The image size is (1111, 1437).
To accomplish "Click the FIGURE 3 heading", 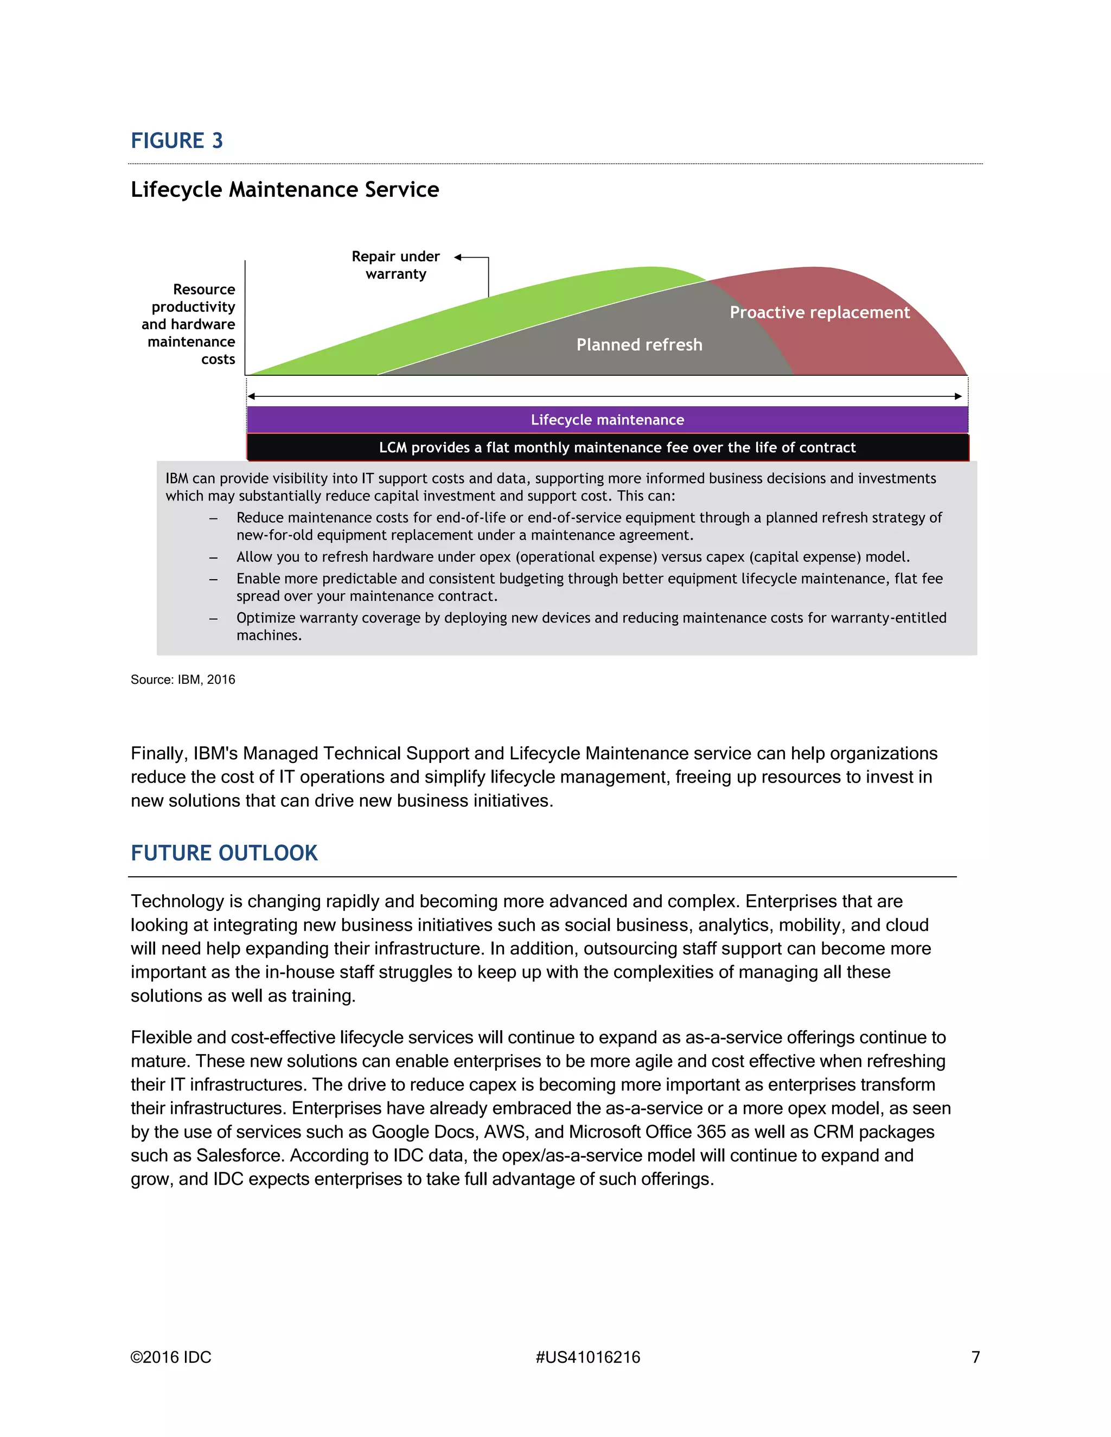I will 176,141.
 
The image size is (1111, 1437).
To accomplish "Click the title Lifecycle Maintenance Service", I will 284,189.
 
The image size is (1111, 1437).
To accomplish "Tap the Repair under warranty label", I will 395,265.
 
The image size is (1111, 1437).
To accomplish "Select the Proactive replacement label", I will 820,312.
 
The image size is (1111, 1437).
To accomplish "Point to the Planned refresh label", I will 639,345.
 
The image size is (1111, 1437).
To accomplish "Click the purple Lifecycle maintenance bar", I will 607,420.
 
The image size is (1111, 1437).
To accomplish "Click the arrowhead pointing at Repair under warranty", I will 458,257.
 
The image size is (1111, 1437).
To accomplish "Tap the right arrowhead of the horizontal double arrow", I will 959,396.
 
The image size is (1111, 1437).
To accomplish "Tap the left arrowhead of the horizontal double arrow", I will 251,396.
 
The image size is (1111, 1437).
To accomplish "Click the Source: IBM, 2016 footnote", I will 182,679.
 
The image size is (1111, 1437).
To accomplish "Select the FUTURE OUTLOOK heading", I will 224,854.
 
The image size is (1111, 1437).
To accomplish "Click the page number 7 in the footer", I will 975,1357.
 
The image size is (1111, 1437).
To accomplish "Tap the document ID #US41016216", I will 587,1357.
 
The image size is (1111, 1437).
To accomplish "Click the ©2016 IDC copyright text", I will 170,1357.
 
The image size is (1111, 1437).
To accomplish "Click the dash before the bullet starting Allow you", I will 213,558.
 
